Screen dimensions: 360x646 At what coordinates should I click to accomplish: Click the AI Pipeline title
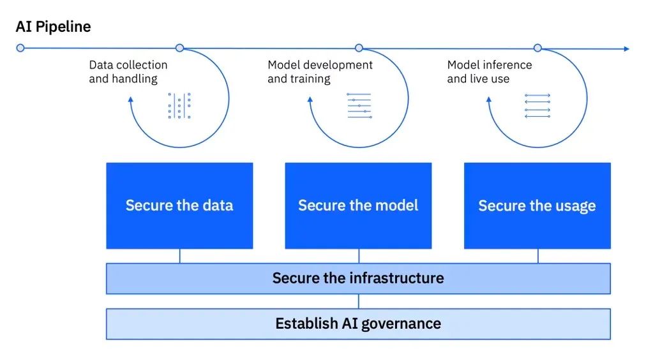53,27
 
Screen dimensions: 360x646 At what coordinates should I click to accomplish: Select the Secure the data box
179,206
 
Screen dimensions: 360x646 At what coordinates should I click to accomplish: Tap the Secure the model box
358,206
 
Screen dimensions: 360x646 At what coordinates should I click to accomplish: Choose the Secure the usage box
537,206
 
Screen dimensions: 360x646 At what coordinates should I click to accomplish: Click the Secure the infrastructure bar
358,278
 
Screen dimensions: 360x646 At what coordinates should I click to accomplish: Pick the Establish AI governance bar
358,324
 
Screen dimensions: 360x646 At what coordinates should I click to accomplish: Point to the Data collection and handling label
128,71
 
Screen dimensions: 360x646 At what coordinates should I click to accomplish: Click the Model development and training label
320,71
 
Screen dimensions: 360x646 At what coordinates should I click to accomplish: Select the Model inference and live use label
489,71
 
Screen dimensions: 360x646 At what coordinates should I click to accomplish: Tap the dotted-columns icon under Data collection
179,106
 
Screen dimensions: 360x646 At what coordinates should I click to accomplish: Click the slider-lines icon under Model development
359,106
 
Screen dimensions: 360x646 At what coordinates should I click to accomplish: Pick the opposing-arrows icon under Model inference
537,106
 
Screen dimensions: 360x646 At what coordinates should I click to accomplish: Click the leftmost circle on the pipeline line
20,48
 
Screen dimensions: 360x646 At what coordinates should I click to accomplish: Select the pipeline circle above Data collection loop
179,48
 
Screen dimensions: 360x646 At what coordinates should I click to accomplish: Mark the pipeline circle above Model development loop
359,48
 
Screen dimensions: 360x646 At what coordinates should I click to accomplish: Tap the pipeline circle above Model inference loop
537,48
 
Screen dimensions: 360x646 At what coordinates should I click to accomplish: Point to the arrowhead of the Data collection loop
130,99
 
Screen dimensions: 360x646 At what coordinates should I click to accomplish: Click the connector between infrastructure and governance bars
359,301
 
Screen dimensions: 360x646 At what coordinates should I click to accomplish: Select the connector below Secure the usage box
537,256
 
